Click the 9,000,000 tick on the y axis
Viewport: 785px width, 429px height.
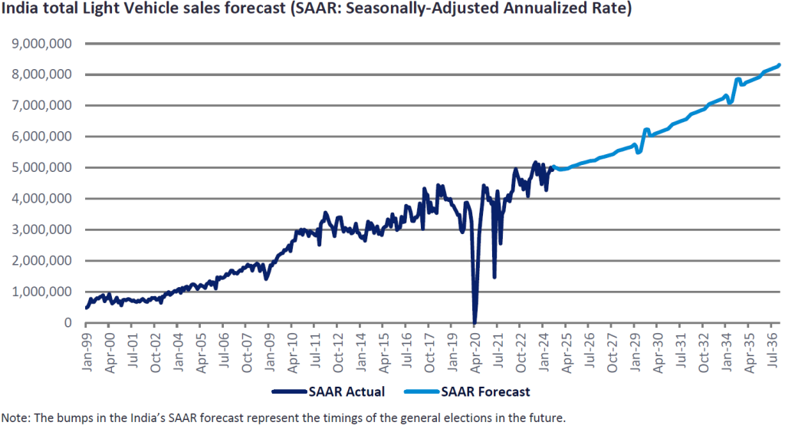tap(45, 44)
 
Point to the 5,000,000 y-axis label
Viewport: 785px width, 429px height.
tap(45, 167)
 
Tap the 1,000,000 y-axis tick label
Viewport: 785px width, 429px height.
tap(45, 292)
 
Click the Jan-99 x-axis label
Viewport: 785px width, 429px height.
tap(87, 348)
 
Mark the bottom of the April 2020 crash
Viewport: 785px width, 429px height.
tap(475, 322)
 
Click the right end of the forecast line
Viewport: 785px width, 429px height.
tap(779, 65)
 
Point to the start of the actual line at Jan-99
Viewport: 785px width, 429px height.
tap(86, 308)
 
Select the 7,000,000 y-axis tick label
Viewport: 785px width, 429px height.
tap(45, 105)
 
